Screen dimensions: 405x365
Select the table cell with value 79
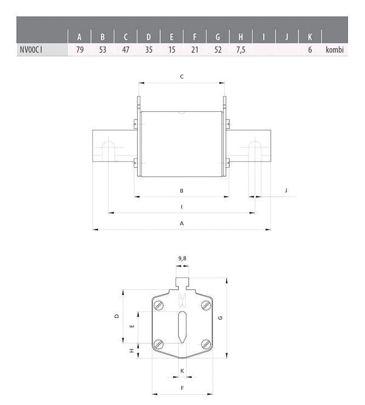79,50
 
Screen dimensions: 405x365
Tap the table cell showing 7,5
240,50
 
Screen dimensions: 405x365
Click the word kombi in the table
334,50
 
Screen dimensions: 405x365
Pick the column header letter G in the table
218,37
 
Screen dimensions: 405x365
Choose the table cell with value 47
126,50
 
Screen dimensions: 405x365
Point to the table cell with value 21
195,50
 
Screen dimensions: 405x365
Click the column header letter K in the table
310,37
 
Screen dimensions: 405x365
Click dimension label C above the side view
181,77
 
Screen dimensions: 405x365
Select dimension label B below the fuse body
181,191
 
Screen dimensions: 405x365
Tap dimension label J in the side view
286,190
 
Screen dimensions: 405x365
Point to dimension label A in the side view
181,224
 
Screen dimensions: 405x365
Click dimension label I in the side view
181,207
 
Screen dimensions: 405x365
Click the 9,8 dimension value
182,258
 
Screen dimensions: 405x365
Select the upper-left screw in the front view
159,305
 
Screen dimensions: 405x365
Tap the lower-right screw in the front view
206,344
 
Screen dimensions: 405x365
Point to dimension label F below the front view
182,387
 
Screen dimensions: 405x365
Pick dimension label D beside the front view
116,316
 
